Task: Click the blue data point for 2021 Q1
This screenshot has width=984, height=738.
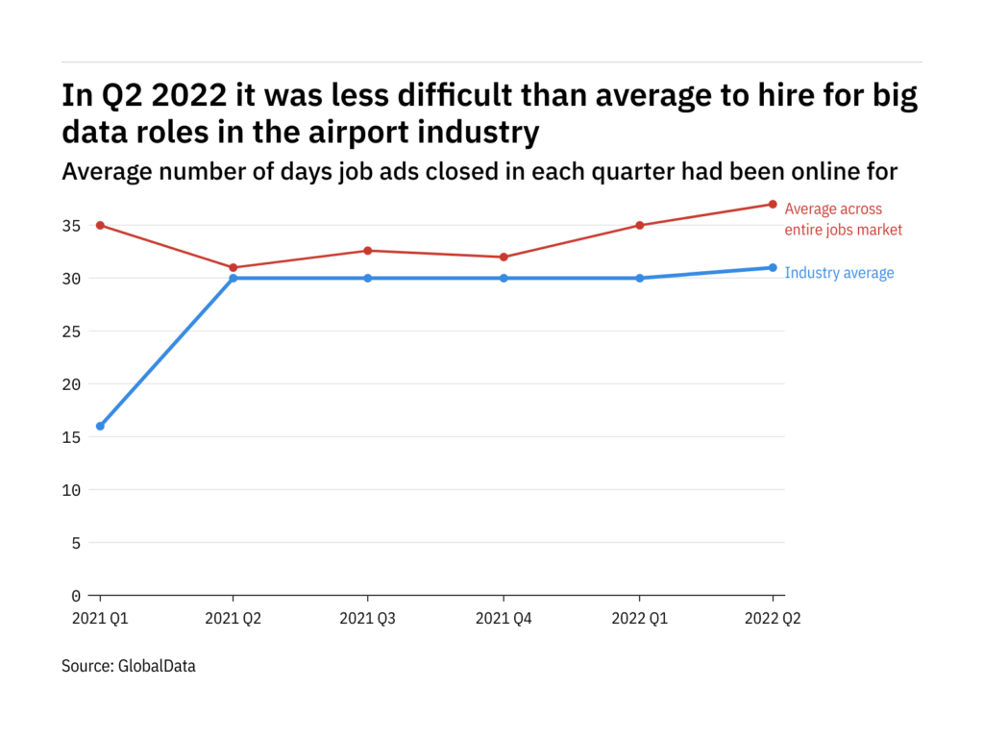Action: point(100,426)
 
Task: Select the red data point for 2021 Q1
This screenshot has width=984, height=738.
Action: point(100,225)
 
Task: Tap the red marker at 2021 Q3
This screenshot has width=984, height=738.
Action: point(369,251)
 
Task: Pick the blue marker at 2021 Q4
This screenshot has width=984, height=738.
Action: point(504,278)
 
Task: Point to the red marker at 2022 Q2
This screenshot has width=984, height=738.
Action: point(773,204)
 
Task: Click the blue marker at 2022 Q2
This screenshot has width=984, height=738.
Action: point(773,267)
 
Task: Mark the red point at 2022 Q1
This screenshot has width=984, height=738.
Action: point(638,225)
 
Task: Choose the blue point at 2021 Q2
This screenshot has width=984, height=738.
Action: point(234,278)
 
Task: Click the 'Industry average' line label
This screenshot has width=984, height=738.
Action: point(839,273)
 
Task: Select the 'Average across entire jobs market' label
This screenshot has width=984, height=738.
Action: point(843,219)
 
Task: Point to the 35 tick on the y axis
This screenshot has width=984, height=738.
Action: point(72,226)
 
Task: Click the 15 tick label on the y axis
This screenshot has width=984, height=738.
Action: point(72,437)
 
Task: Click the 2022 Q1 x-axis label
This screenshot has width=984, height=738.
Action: point(638,620)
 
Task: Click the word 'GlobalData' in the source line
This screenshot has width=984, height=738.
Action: point(157,665)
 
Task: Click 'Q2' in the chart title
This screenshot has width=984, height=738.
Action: point(118,97)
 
